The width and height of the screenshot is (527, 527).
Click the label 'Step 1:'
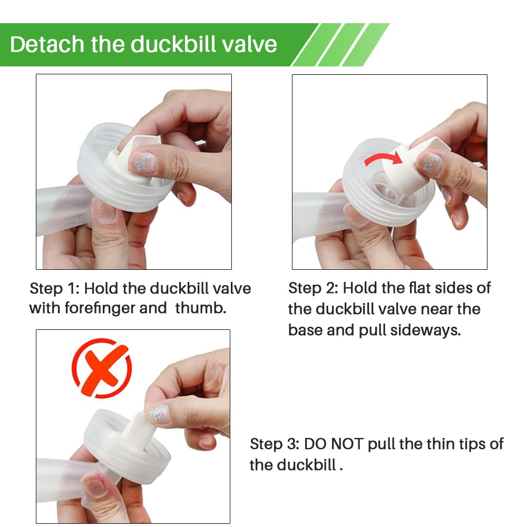pyautogui.click(x=54, y=289)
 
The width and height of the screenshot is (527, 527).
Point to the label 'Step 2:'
pyautogui.click(x=313, y=288)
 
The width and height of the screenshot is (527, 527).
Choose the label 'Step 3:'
pyautogui.click(x=274, y=444)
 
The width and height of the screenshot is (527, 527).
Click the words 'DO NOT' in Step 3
pyautogui.click(x=334, y=444)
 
